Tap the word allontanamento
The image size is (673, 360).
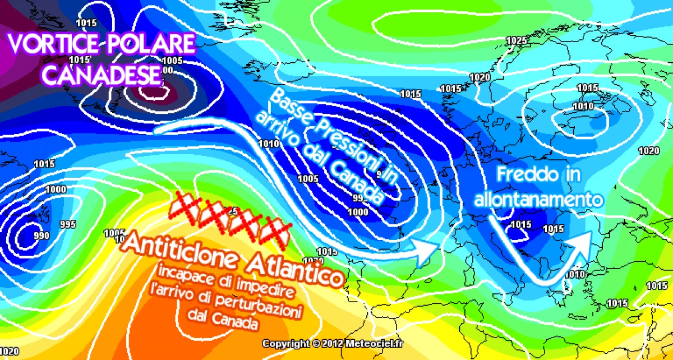(x=538, y=199)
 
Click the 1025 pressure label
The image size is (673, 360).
(x=515, y=40)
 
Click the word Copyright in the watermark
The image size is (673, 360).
(x=286, y=343)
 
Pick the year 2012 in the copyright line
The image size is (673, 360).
(x=332, y=343)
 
